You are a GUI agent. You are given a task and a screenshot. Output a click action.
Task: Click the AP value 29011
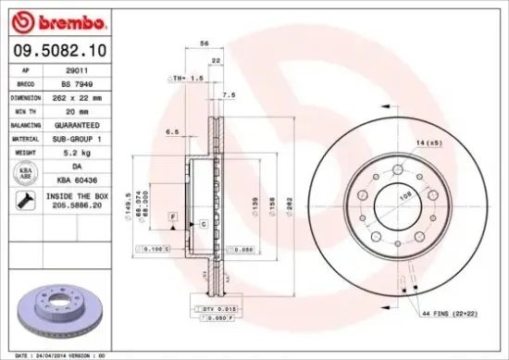click(90, 69)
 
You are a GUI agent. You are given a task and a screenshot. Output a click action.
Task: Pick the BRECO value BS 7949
click(90, 82)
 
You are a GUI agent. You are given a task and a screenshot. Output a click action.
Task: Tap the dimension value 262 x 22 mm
click(90, 96)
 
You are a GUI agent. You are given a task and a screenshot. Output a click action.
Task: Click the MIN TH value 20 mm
click(90, 110)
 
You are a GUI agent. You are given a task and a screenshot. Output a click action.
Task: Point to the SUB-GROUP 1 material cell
click(90, 138)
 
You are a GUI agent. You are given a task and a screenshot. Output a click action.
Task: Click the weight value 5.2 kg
click(90, 152)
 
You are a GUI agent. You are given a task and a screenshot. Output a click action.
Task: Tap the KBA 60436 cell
click(90, 179)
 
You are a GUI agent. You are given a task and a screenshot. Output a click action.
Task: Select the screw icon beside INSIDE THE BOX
click(22, 200)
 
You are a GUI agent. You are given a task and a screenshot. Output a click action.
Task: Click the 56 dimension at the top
click(204, 43)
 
